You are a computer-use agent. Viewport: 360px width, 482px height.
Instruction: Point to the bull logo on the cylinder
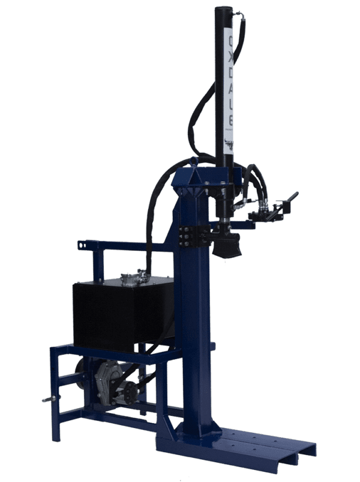(229, 143)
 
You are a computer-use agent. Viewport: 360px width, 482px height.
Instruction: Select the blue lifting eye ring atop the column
(192, 161)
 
